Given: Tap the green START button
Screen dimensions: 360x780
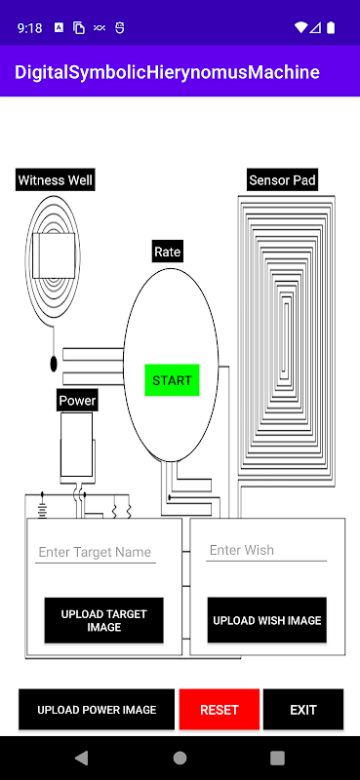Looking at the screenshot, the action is click(172, 380).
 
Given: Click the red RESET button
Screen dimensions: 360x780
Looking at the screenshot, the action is click(220, 710).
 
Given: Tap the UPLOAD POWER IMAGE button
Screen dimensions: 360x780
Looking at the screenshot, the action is click(97, 710).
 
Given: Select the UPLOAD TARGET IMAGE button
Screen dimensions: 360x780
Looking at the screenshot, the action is click(103, 620).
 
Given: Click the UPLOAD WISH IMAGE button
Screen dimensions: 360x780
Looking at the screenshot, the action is click(267, 620).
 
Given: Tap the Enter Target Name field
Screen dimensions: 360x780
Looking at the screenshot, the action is click(95, 552).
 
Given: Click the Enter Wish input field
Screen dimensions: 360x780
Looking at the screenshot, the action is click(266, 550).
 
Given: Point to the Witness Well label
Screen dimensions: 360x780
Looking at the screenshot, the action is click(56, 179).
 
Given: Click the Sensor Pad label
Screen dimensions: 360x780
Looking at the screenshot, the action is click(282, 179).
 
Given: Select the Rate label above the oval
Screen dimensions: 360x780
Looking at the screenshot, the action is click(167, 252).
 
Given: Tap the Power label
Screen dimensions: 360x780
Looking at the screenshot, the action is click(77, 400).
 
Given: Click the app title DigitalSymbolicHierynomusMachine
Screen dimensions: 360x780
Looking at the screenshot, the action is click(167, 72).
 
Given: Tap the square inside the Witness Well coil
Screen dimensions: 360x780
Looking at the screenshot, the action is click(54, 255).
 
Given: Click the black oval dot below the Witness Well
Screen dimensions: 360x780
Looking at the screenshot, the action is click(54, 364).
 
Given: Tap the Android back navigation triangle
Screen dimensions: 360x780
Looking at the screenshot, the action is click(81, 758).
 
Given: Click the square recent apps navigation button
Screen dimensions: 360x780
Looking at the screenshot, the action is click(277, 758).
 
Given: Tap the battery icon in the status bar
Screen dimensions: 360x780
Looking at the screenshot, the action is click(331, 27).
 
